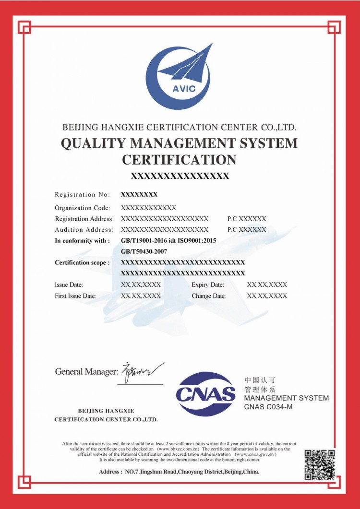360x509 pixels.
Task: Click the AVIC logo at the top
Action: [x=179, y=77]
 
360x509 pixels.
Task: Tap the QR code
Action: [x=320, y=464]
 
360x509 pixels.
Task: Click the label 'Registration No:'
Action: [x=82, y=195]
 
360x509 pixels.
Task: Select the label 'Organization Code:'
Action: [x=83, y=208]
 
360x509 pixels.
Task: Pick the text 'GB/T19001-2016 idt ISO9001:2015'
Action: [x=168, y=241]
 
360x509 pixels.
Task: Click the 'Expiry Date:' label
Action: [x=207, y=284]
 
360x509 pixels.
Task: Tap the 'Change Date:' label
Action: [x=209, y=296]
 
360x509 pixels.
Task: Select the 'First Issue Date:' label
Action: [x=75, y=296]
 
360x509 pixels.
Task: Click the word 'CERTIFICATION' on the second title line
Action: [x=179, y=160]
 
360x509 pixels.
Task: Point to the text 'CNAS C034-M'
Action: [x=268, y=407]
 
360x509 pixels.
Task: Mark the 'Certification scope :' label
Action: [x=82, y=262]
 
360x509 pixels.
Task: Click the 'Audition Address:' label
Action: [x=84, y=229]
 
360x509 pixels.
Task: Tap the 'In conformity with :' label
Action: [x=83, y=241]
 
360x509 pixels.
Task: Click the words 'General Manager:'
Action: [x=86, y=371]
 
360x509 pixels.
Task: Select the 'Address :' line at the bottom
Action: [x=179, y=472]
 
